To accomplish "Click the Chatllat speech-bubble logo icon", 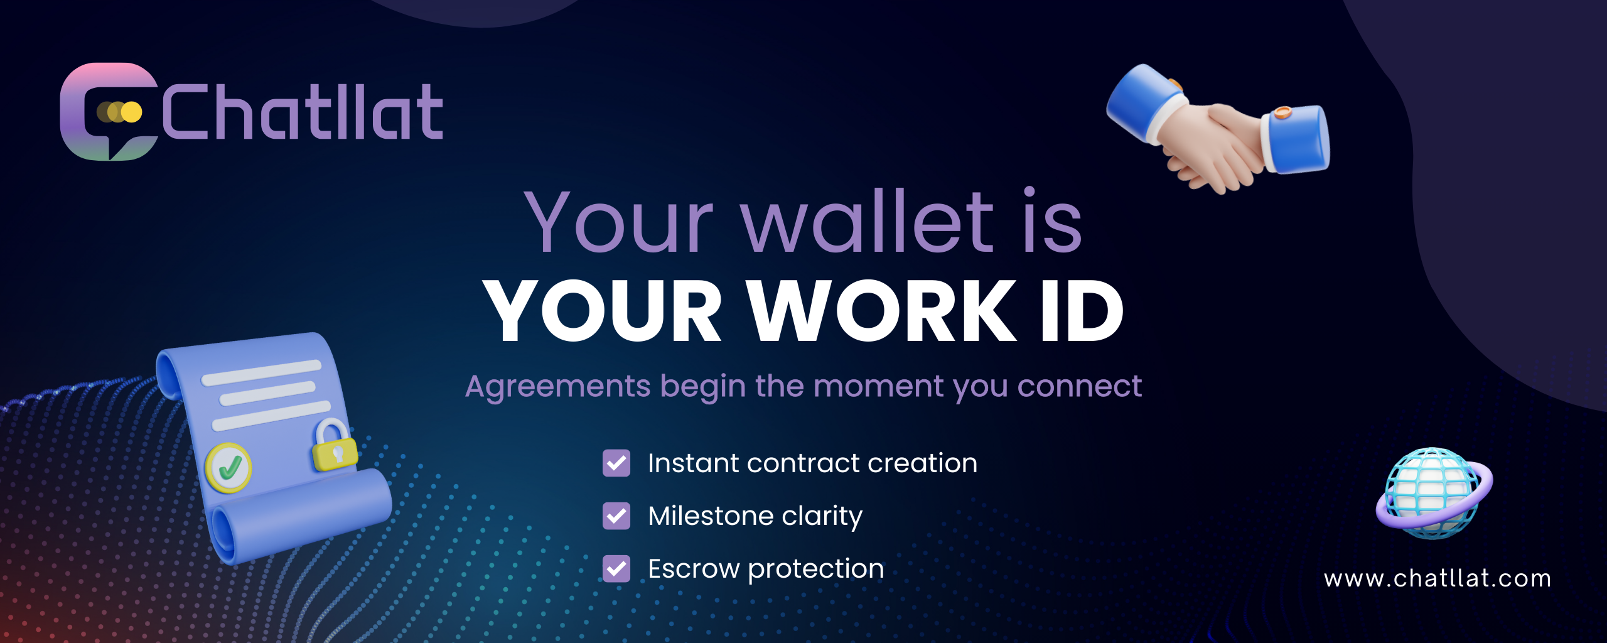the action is click(108, 112).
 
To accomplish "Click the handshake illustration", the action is click(1218, 129).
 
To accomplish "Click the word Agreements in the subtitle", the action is click(558, 387).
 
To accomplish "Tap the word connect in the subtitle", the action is click(1080, 386).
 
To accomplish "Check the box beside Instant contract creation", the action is click(616, 463).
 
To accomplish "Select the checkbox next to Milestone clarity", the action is click(616, 516).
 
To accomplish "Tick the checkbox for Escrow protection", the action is click(616, 569).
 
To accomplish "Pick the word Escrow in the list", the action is click(694, 569).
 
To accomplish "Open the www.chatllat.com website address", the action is click(1438, 578).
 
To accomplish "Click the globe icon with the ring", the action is click(1435, 494).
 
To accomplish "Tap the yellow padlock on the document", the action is click(334, 445).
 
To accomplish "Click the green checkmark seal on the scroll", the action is click(228, 468).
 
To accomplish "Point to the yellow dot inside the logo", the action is click(132, 112).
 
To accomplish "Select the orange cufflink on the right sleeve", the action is click(1283, 113).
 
